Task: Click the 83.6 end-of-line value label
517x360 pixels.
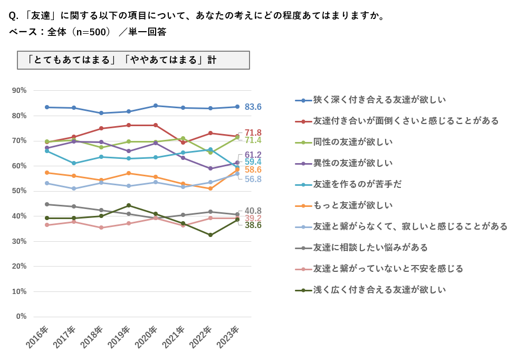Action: [253, 107]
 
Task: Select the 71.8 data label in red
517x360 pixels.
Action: [253, 132]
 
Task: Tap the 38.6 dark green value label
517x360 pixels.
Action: [253, 225]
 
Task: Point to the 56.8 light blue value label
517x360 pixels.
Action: [253, 179]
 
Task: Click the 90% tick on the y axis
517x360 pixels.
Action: [20, 90]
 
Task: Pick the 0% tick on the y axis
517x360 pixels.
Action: [21, 316]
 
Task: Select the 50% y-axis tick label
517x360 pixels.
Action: [20, 191]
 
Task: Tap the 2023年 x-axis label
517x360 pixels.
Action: [228, 337]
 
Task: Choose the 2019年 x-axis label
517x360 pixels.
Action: [119, 337]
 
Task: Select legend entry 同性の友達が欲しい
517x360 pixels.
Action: [353, 142]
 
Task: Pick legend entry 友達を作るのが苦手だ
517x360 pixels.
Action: [357, 184]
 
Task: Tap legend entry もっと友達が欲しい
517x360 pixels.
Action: [353, 205]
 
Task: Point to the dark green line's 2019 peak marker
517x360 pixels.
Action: [128, 205]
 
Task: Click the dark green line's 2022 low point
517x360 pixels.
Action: [210, 235]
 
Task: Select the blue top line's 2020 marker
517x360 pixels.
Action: [156, 106]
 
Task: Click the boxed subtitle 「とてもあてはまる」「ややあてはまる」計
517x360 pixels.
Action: [133, 60]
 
